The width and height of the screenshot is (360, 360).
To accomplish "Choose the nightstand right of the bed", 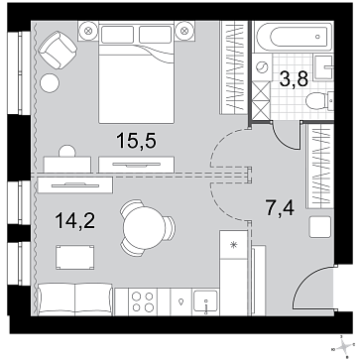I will [x=185, y=32].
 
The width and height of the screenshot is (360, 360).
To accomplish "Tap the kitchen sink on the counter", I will [x=206, y=300].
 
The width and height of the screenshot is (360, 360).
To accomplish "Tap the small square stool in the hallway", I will [x=322, y=227].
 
